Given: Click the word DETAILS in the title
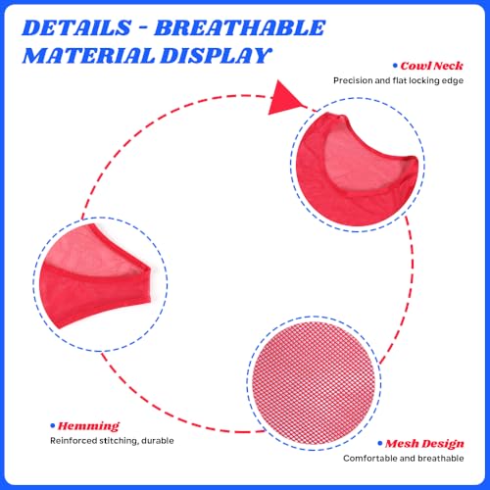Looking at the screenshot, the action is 76,27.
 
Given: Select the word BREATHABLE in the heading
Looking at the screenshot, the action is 240,27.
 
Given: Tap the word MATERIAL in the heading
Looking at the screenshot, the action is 88,55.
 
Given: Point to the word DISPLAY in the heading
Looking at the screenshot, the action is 217,55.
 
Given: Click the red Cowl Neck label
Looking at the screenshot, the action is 431,66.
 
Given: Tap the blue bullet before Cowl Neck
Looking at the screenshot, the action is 395,66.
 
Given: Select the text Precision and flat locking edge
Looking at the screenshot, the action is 398,80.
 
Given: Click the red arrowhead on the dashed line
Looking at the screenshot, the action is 286,98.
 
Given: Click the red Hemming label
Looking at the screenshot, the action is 88,426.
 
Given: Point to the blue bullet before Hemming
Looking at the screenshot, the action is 52,426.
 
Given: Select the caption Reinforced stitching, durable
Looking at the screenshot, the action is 112,441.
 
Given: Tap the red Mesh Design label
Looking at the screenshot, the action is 424,444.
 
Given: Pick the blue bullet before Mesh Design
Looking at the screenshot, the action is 380,443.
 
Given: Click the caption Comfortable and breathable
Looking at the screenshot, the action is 404,459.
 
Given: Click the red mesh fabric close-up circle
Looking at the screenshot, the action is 314,383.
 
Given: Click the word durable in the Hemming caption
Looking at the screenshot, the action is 159,441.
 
